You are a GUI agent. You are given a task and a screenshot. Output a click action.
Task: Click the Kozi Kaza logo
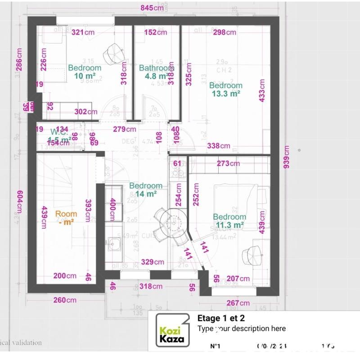tap(172, 330)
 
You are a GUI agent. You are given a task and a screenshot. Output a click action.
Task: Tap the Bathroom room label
tap(155, 68)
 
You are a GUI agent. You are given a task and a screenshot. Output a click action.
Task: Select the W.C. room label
tap(59, 132)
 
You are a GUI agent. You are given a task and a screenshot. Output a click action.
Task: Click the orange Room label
tap(66, 214)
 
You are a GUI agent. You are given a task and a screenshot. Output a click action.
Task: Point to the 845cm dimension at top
tap(152, 8)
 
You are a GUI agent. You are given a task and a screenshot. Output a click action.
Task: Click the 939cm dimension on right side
tap(287, 157)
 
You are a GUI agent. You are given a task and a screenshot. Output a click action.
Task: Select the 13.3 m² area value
tap(225, 94)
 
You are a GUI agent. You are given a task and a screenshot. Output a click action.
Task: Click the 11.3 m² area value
tap(229, 225)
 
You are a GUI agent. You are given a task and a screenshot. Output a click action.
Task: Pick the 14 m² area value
tap(146, 193)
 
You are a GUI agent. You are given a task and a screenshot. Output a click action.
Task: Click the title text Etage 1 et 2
tap(220, 318)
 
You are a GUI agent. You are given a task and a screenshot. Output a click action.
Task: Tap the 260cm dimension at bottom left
tap(65, 300)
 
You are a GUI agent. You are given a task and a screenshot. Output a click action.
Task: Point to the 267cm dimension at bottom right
tap(239, 303)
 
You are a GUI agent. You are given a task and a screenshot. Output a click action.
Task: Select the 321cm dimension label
tap(83, 32)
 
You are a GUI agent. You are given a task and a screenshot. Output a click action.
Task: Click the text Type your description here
tap(241, 328)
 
